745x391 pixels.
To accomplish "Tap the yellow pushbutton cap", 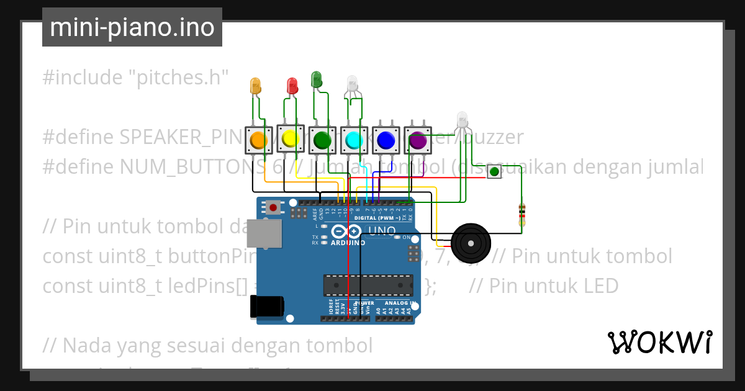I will coord(289,140).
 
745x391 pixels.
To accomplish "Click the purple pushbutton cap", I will coord(417,140).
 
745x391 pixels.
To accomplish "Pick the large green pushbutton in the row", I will coord(322,140).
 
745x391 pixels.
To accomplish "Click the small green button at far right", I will coord(494,171).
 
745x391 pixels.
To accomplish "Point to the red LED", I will coord(292,86).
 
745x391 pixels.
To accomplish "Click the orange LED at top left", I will coord(255,86).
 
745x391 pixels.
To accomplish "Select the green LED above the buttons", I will coord(316,79).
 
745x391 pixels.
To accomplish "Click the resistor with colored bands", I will coord(521,214).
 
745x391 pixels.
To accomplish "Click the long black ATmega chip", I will coord(368,284).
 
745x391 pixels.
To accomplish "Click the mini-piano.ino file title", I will coord(132,28).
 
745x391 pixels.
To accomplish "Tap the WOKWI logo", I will coord(659,342).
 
